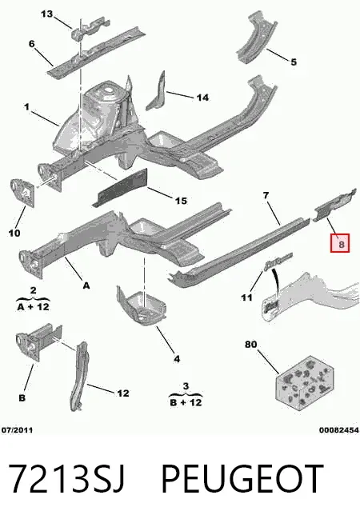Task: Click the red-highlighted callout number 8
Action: click(340, 243)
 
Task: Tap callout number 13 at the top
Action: click(47, 14)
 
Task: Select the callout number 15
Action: click(181, 201)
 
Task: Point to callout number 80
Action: click(251, 344)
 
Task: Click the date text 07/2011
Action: click(18, 430)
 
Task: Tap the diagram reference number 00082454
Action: click(339, 430)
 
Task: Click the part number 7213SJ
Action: click(66, 479)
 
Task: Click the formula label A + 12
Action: click(33, 306)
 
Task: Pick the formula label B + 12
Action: click(186, 402)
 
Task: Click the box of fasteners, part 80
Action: click(304, 382)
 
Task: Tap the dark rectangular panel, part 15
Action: click(121, 188)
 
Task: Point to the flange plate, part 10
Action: click(22, 193)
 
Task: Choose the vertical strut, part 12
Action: click(80, 376)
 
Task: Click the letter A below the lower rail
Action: click(86, 285)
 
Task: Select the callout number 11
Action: click(246, 297)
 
